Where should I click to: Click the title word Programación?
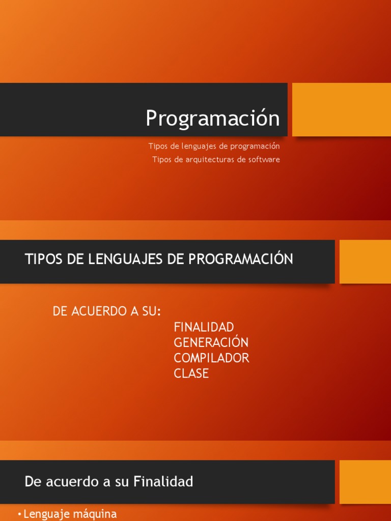pos(213,119)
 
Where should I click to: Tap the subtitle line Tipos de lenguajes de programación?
pos(214,146)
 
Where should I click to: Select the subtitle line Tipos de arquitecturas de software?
pos(216,159)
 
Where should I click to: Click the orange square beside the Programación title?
pos(341,109)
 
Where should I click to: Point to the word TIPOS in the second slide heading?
pos(42,259)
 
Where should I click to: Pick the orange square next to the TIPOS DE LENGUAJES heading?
pos(365,262)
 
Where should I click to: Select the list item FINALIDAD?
pos(204,327)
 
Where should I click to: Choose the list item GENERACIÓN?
pos(211,342)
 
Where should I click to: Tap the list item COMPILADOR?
pos(211,358)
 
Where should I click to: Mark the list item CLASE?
pos(191,373)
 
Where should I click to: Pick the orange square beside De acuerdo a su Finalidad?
pos(365,482)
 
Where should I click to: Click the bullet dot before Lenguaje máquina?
pos(20,514)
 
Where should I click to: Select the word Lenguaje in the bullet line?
pos(45,514)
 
